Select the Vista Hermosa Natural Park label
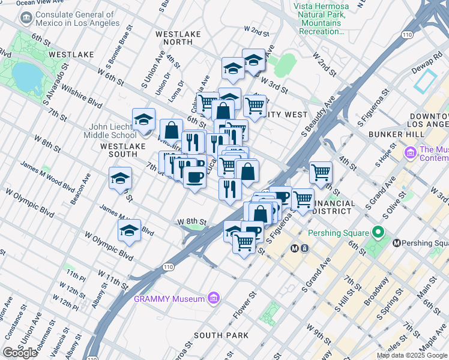tap(321, 19)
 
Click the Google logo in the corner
tap(20, 353)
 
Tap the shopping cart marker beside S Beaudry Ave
tap(321, 172)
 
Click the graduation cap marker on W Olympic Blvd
tap(129, 230)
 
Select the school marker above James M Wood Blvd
tap(120, 178)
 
